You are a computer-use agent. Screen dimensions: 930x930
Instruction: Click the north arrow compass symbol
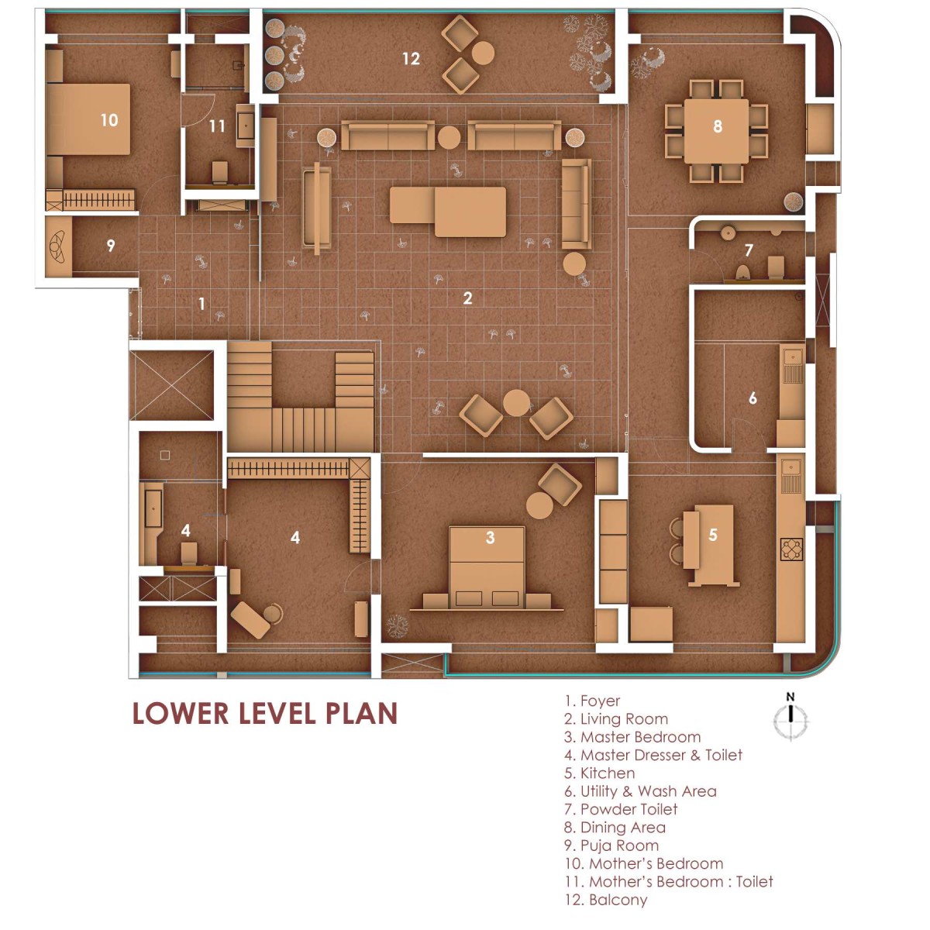point(790,719)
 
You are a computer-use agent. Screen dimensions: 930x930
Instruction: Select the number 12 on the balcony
point(412,59)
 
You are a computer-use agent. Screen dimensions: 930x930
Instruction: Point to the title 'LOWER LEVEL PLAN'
point(265,713)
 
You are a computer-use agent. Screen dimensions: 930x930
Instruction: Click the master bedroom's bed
point(487,567)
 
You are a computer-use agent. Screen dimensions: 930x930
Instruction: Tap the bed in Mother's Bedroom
point(89,119)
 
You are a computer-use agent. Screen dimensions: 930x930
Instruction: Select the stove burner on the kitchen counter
point(791,549)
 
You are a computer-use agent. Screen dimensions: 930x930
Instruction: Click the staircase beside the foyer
point(300,397)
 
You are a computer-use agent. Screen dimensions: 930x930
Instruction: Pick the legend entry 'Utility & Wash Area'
point(640,791)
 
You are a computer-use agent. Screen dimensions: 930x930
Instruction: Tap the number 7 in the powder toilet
point(749,250)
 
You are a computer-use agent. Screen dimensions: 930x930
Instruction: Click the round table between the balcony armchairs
point(483,53)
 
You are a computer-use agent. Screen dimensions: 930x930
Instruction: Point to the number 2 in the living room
point(467,298)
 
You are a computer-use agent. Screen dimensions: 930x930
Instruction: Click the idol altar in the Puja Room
point(58,246)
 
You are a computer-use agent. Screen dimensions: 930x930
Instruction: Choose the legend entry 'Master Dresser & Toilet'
point(653,755)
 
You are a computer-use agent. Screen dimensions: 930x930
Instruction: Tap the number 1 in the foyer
point(201,304)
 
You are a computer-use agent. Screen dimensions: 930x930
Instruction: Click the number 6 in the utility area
point(753,398)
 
